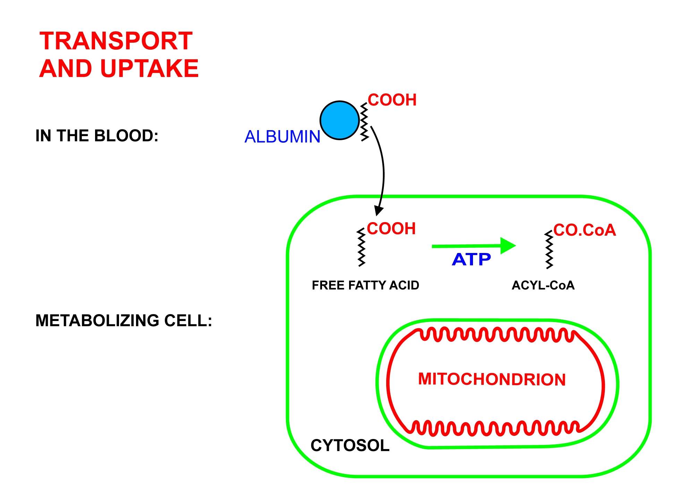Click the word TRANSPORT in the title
click(116, 41)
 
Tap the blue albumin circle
click(339, 120)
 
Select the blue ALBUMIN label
click(282, 136)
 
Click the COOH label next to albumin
click(392, 100)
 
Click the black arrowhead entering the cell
click(379, 210)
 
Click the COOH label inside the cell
click(391, 229)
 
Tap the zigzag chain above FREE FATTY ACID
click(362, 247)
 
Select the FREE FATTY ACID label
click(365, 285)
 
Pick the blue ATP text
click(471, 260)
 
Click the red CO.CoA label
click(584, 230)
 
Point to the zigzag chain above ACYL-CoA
click(549, 250)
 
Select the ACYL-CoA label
click(543, 285)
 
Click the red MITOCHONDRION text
click(492, 379)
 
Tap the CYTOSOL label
click(350, 445)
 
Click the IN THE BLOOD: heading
click(97, 136)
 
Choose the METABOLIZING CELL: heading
click(124, 320)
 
